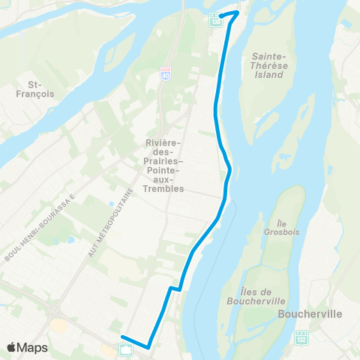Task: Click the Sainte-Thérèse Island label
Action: (271, 64)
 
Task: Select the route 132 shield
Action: (301, 337)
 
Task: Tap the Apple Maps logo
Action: (27, 347)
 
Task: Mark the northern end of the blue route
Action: (238, 12)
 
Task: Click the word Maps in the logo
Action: (33, 347)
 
